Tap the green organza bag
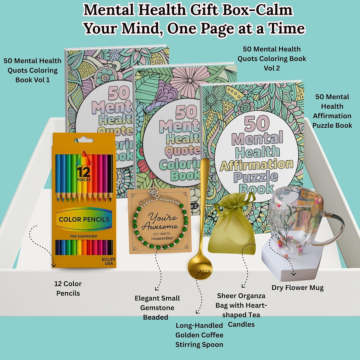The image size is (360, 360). click(232, 230)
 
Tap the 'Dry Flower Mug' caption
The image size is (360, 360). click(297, 288)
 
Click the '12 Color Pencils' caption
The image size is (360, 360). click(68, 288)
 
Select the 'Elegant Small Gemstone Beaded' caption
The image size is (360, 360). click(157, 308)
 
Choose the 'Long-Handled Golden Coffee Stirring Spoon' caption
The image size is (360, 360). click(199, 335)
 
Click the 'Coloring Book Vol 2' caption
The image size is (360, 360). click(271, 59)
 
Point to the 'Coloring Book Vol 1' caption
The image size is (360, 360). click(32, 70)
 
